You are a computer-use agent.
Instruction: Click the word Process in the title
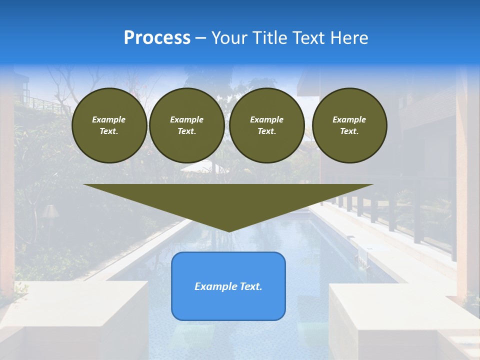pyautogui.click(x=157, y=38)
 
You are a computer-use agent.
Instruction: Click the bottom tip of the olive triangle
pyautogui.click(x=229, y=230)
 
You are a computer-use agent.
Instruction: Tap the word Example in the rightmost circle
pyautogui.click(x=349, y=119)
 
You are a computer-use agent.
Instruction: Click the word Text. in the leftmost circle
pyautogui.click(x=109, y=131)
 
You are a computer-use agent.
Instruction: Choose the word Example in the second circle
pyautogui.click(x=187, y=119)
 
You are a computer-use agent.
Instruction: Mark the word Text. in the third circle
pyautogui.click(x=267, y=131)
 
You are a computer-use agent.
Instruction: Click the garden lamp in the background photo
pyautogui.click(x=50, y=212)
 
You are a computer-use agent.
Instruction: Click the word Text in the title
pyautogui.click(x=308, y=38)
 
